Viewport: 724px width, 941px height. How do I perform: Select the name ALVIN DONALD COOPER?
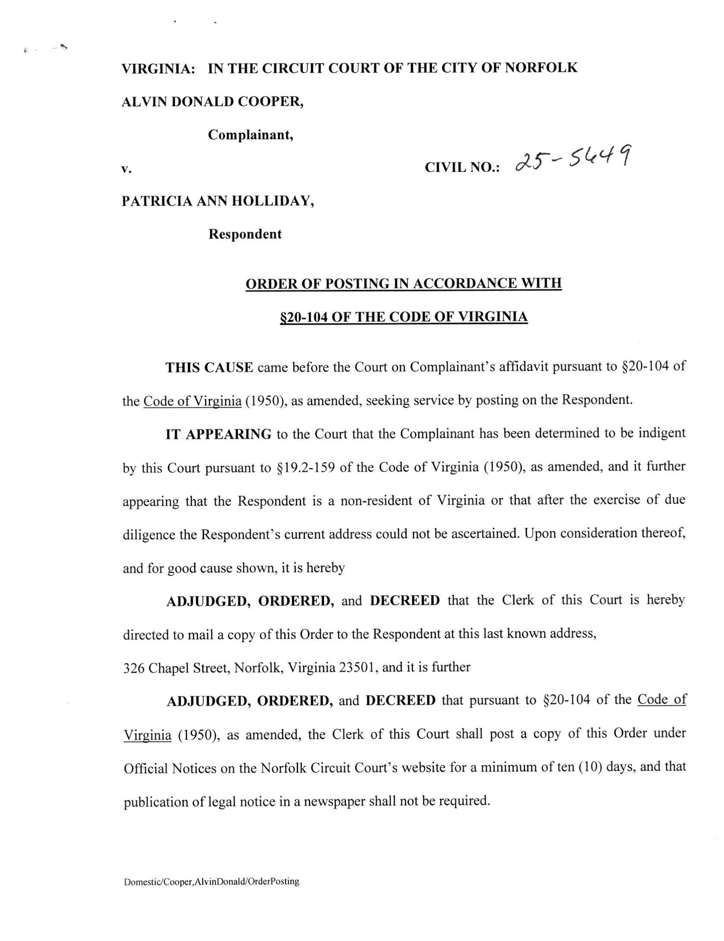pyautogui.click(x=212, y=102)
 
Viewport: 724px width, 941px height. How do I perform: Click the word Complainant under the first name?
pyautogui.click(x=251, y=135)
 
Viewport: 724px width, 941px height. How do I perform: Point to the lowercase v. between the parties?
pyautogui.click(x=126, y=169)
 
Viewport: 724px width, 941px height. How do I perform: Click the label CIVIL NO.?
pyautogui.click(x=462, y=167)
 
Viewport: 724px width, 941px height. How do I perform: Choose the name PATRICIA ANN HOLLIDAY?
pyautogui.click(x=217, y=201)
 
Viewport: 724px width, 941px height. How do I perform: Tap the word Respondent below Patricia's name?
pyautogui.click(x=245, y=234)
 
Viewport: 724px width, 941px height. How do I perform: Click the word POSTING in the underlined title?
pyautogui.click(x=356, y=283)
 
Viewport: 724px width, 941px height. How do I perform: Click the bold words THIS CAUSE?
pyautogui.click(x=209, y=367)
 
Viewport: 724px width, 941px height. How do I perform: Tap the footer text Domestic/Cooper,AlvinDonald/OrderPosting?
pyautogui.click(x=211, y=881)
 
